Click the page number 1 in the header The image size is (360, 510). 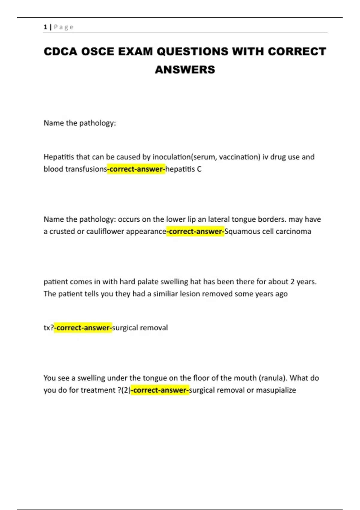coord(45,27)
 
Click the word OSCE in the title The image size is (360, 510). coord(97,52)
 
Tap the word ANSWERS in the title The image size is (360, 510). coord(185,70)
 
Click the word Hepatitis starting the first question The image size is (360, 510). coord(58,157)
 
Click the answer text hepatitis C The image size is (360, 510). coord(183,169)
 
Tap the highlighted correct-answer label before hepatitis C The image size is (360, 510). coord(136,169)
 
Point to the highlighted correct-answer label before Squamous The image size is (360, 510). coord(195,232)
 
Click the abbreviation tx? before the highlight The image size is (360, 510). coord(49,328)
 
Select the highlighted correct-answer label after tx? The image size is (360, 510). coord(83,328)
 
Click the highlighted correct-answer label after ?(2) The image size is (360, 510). coord(160,390)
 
